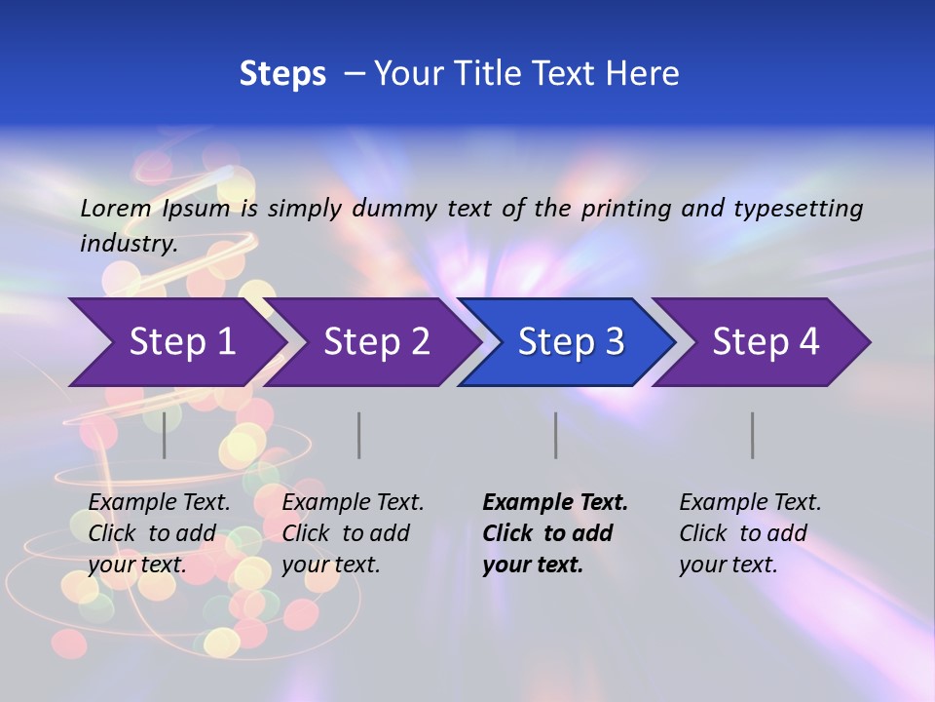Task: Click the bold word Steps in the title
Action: tap(282, 74)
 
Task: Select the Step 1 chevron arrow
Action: tap(180, 342)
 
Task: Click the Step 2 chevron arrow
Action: tap(376, 342)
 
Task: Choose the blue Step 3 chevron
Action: tap(570, 342)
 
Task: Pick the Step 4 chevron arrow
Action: tap(765, 342)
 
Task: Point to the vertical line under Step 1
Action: tap(165, 435)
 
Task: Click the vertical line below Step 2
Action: tap(359, 435)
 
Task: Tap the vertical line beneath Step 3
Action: tap(555, 435)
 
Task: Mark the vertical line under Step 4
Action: tap(752, 435)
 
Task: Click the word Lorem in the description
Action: tap(116, 208)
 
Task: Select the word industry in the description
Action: tap(128, 244)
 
